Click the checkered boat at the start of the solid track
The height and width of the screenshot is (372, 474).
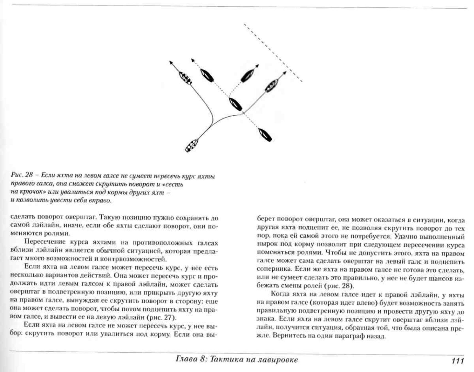(x=192, y=145)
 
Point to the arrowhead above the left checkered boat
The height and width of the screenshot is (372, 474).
(x=171, y=62)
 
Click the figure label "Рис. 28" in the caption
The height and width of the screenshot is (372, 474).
(x=22, y=175)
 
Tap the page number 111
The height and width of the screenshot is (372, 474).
(x=457, y=361)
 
